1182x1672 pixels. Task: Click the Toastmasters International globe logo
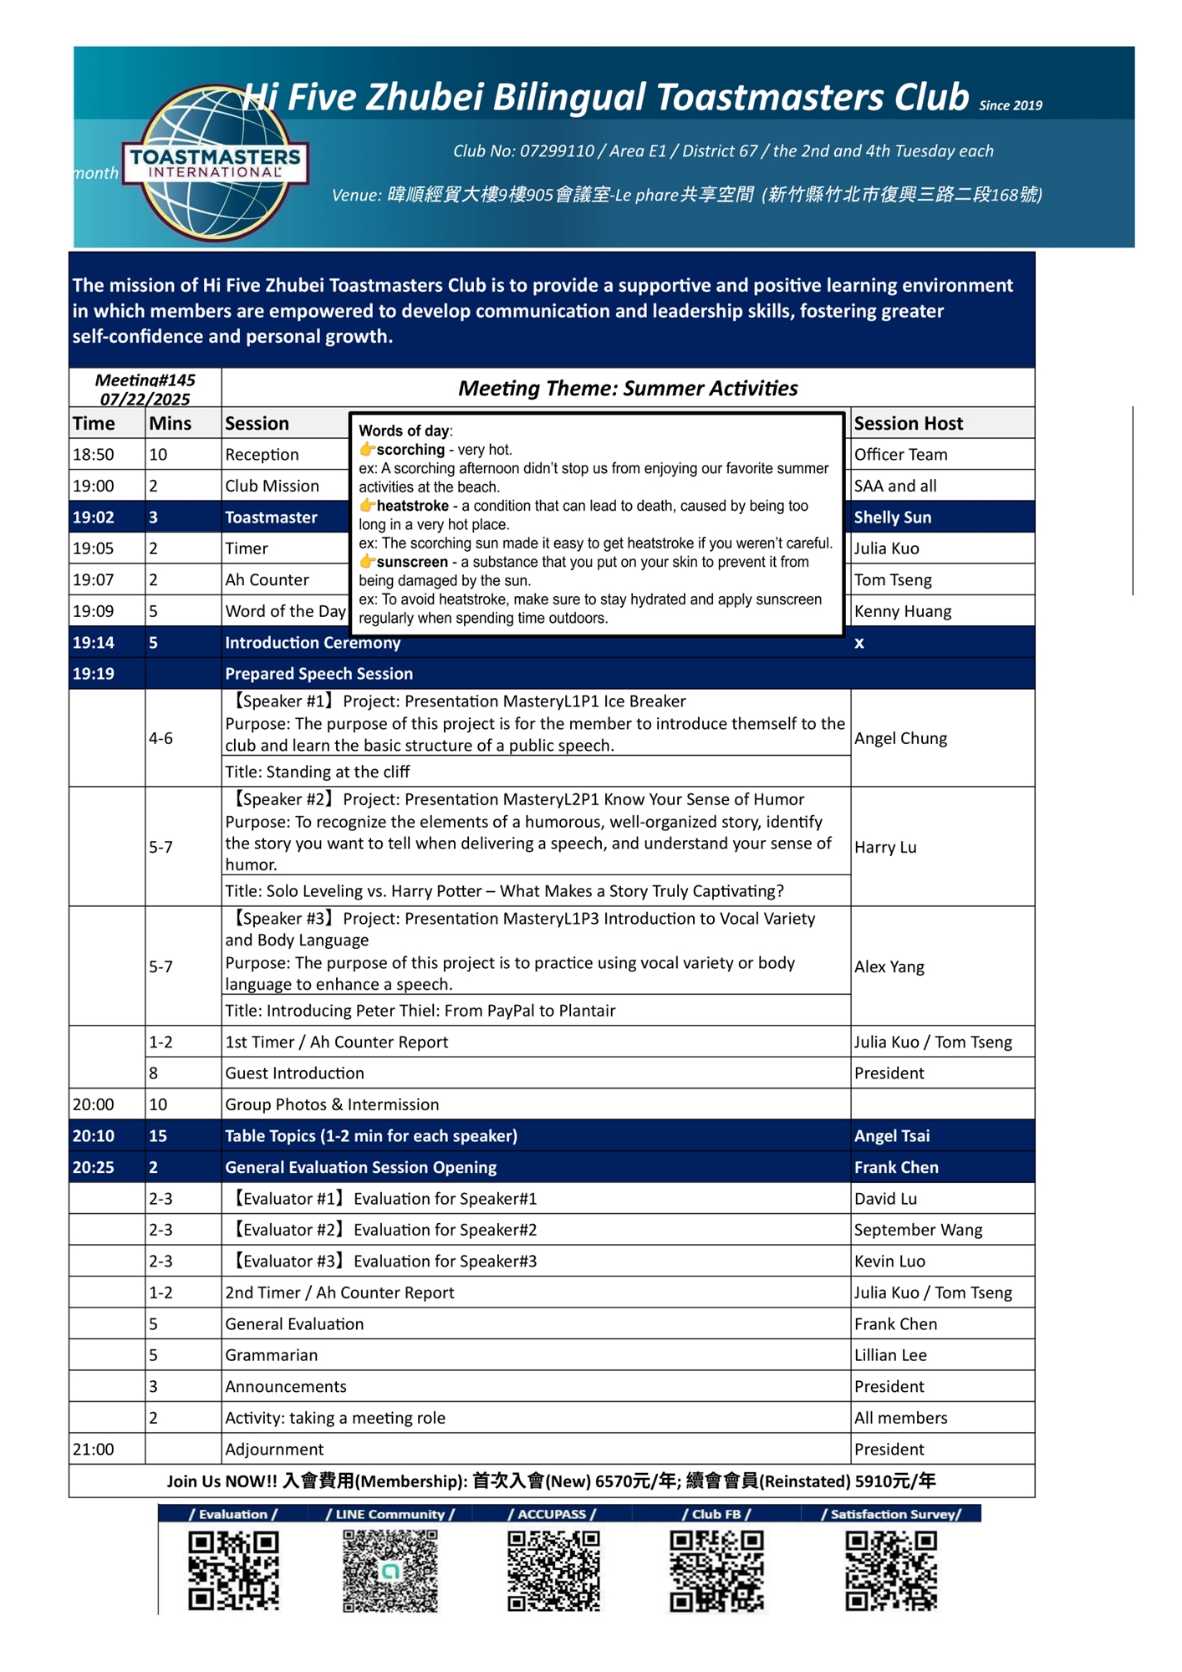215,163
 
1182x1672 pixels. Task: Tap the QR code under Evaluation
233,1570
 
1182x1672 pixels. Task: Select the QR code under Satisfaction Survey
891,1570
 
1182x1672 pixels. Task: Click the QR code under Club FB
716,1570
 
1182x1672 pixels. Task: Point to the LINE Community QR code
390,1570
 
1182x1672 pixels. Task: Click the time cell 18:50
94,455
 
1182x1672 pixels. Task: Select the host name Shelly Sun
892,517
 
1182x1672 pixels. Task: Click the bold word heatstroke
412,506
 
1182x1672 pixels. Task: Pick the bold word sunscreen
412,562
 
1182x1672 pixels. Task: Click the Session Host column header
908,424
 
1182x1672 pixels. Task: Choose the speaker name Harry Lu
885,847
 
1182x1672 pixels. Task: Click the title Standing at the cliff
317,772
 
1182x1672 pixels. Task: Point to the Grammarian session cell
271,1355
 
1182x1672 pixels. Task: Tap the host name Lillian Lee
889,1355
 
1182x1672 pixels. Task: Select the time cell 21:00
94,1450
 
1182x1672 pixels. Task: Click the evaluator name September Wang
918,1230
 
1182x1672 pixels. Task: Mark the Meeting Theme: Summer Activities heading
628,389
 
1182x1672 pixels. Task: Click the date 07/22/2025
145,400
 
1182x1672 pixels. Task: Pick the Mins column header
171,424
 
